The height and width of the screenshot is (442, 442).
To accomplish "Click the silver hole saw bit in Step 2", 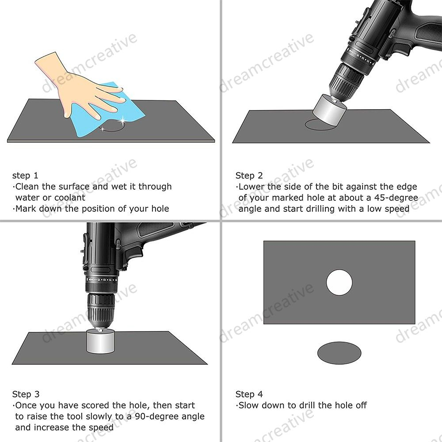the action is tap(329, 109).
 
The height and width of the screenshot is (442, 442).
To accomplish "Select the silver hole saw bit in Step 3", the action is tap(100, 341).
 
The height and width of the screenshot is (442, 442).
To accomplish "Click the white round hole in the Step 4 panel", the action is tap(339, 282).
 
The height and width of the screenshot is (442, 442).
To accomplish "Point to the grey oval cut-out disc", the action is tap(339, 353).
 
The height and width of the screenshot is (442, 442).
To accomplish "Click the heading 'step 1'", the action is tap(25, 175).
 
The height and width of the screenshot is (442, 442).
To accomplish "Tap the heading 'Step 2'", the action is tap(249, 175).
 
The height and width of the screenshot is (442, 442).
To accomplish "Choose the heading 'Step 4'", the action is tap(249, 394).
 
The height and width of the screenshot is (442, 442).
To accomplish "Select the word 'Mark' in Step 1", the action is tap(26, 209).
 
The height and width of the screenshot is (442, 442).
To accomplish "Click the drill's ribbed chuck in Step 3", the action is tap(101, 311).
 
